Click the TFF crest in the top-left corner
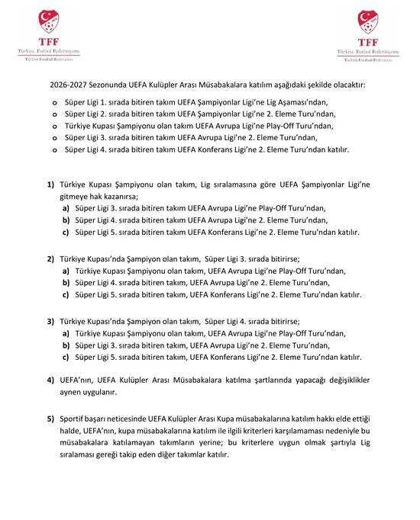[41, 23]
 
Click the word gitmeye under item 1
[77, 197]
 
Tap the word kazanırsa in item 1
[148, 197]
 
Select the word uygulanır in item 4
[99, 392]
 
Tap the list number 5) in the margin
[50, 419]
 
